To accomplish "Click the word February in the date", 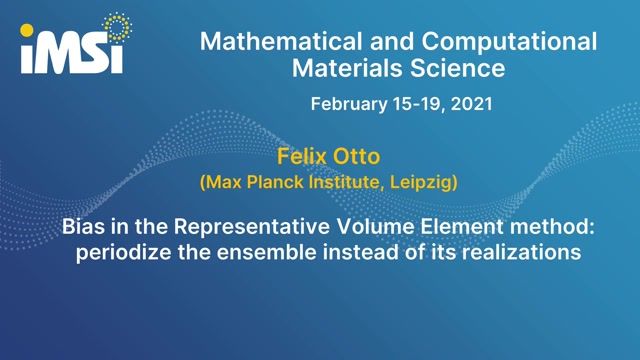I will [351, 103].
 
